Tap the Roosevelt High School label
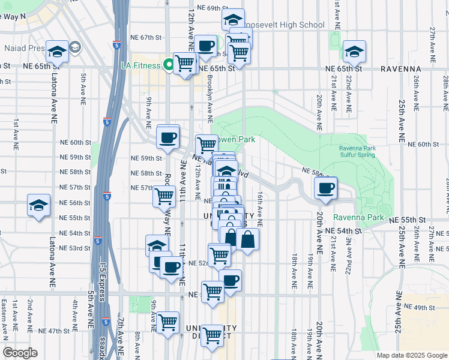tap(287, 25)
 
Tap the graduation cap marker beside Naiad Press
tap(58, 52)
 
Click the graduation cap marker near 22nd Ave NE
tap(354, 52)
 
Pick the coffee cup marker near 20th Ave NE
tap(326, 188)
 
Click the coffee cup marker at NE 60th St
tap(167, 137)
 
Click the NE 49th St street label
tap(418, 307)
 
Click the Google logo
tap(20, 353)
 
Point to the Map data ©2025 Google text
tap(411, 355)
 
